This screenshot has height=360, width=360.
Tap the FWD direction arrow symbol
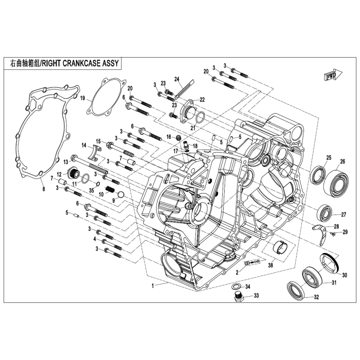pos(330,76)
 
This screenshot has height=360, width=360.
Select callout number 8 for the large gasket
pos(43,189)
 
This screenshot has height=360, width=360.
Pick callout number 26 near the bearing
pos(343,161)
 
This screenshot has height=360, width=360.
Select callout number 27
pos(344,215)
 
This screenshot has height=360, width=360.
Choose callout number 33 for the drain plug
pos(256,296)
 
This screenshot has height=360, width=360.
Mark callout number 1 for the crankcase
pos(152,285)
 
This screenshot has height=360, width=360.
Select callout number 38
pos(271,265)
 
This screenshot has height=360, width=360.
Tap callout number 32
pos(316,298)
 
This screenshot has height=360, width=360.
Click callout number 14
pos(84,146)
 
